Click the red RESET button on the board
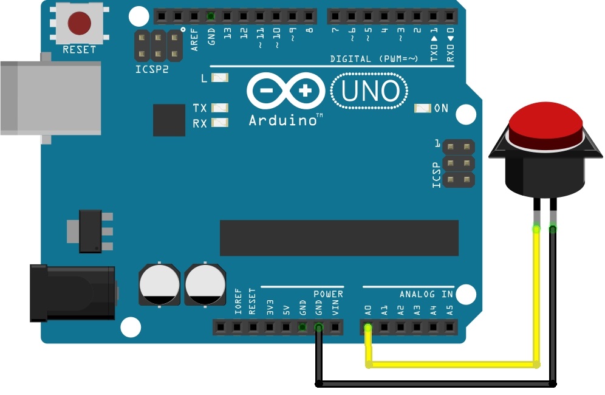tap(79, 24)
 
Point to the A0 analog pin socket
tap(368, 328)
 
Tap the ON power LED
tap(422, 108)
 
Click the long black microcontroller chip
tap(339, 238)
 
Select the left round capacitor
tap(159, 284)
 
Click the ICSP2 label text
tap(152, 69)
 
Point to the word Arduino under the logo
tap(284, 120)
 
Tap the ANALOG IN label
tap(426, 294)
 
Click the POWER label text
tap(328, 294)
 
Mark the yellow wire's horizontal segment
tap(453, 365)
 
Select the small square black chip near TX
tap(169, 120)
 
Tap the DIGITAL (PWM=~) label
tap(374, 59)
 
